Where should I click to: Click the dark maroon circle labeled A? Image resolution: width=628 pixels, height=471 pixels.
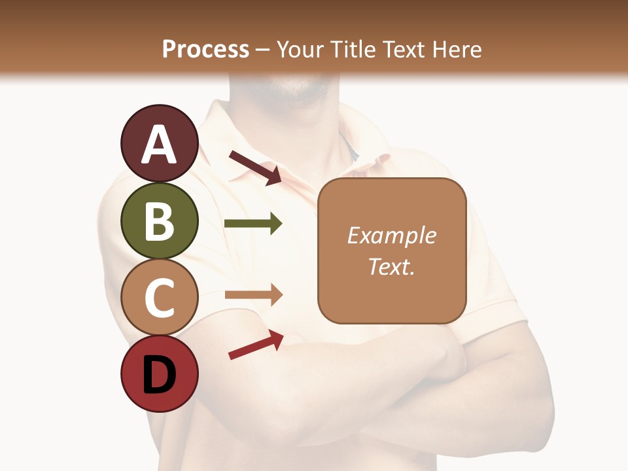(159, 143)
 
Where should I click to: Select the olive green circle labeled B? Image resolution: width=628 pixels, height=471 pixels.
(159, 220)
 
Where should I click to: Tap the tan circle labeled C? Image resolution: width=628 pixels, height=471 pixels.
(159, 298)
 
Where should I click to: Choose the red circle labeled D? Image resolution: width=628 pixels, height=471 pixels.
(159, 374)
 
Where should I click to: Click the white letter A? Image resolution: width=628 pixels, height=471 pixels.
(160, 145)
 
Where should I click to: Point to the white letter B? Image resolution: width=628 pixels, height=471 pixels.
(160, 221)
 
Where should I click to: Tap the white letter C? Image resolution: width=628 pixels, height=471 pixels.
(160, 298)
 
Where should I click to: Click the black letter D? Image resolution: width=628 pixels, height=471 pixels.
(160, 375)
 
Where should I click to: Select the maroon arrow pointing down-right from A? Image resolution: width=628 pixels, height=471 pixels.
(255, 167)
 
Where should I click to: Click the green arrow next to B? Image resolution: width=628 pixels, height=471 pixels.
(253, 224)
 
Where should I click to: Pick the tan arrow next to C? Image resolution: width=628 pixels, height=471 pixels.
(253, 295)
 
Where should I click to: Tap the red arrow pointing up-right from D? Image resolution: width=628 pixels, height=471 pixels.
(256, 345)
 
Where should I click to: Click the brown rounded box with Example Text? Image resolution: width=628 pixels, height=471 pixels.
(392, 251)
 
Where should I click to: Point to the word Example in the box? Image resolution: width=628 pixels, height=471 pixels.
(391, 235)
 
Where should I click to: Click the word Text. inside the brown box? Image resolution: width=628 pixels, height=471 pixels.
(391, 266)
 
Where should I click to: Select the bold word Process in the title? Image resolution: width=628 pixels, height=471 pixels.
(205, 49)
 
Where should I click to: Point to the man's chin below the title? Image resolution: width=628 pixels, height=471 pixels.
(298, 92)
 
